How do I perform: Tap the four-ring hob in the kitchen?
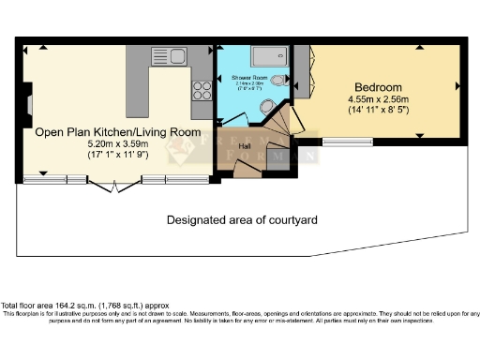point(202,90)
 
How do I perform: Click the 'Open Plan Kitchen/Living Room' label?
point(117,132)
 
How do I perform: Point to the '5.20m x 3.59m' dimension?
point(117,145)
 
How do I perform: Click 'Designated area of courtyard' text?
point(242,220)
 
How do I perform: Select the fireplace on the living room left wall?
point(30,101)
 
